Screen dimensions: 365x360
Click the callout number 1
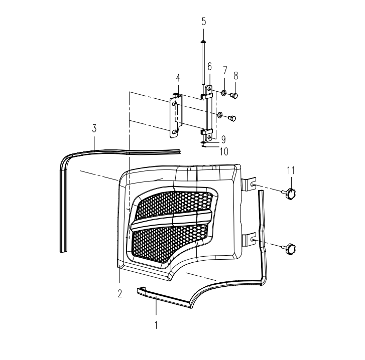[x=156, y=325]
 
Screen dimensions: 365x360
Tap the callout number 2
[x=119, y=294]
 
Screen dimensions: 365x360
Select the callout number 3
[x=94, y=128]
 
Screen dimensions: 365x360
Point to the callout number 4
[x=178, y=78]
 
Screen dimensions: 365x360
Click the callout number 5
[x=204, y=22]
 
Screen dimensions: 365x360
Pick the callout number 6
[x=209, y=67]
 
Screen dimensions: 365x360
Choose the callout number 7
[x=224, y=70]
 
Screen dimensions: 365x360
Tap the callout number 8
[x=236, y=76]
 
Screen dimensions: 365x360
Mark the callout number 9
[x=223, y=139]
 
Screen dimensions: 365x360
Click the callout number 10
[x=224, y=152]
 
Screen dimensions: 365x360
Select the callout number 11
[x=291, y=170]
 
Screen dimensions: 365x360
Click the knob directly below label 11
[x=289, y=194]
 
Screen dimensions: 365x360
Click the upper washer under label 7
[x=224, y=93]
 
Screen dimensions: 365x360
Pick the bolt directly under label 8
[x=234, y=95]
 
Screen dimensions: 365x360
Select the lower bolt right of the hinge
[x=232, y=118]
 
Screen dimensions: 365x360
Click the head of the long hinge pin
[x=203, y=42]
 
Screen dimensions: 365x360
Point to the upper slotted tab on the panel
[x=249, y=185]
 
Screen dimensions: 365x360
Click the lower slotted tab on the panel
[x=249, y=239]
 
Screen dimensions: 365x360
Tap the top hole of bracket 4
[x=175, y=103]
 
